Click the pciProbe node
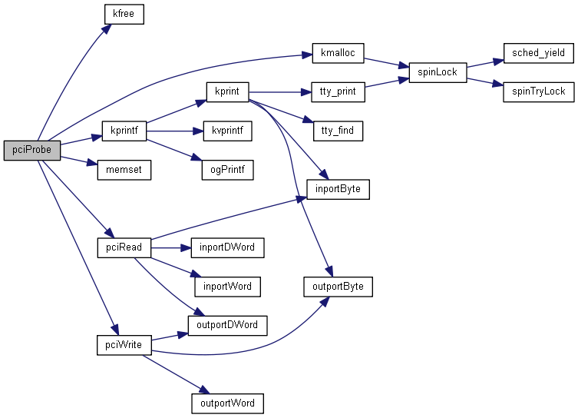[31, 151]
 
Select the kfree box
[124, 14]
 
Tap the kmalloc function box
[338, 54]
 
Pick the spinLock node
[437, 72]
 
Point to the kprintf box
[124, 131]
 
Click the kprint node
[227, 91]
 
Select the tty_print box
[337, 91]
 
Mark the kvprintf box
[227, 131]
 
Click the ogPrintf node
[227, 169]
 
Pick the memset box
[124, 169]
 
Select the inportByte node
[338, 188]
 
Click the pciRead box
[124, 247]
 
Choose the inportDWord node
[227, 247]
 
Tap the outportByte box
[338, 287]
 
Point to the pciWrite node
[124, 344]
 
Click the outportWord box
[227, 403]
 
